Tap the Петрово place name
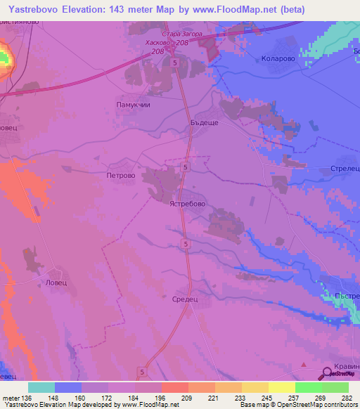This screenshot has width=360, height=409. click(120, 176)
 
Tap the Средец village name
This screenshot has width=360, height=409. click(186, 298)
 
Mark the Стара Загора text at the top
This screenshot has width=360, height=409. click(181, 34)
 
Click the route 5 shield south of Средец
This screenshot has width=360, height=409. click(143, 372)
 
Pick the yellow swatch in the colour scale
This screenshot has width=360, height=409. click(281, 387)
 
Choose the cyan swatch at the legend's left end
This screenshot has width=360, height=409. click(41, 387)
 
